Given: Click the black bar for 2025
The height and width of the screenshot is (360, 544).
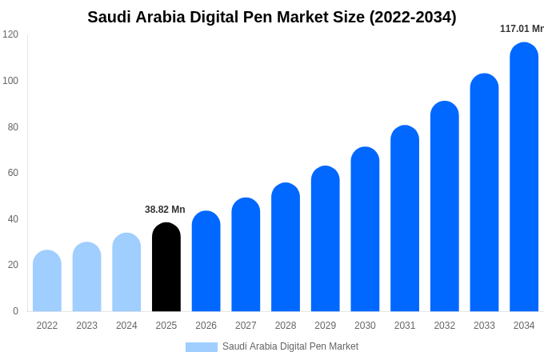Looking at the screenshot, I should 166,267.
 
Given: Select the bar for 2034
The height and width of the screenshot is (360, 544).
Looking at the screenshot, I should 524,178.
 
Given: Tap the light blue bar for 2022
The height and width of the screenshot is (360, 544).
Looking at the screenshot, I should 47,281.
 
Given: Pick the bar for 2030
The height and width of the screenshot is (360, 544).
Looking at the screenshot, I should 365,230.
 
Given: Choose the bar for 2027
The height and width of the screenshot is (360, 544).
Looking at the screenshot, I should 246,255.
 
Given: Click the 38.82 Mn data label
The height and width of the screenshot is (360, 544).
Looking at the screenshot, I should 165,210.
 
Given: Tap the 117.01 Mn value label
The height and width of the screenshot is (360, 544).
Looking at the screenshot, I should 522,29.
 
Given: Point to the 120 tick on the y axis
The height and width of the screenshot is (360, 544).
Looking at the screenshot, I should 10,34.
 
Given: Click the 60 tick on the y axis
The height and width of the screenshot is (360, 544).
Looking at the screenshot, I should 13,173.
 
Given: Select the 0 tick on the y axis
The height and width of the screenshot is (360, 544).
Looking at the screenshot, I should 15,311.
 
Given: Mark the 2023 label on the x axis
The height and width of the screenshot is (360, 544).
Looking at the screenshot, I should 86,326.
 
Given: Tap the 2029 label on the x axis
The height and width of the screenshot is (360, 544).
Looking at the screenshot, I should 325,326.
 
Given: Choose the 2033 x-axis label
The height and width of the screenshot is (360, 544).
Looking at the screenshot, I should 484,326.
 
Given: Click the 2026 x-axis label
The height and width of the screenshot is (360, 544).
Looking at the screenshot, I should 206,326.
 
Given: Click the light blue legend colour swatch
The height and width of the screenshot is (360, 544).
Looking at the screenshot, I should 202,347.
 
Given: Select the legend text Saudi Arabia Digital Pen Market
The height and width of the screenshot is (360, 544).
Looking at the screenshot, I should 290,346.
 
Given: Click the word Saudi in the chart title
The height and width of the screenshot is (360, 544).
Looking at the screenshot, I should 110,17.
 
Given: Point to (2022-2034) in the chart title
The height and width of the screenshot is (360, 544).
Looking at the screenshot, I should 413,17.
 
